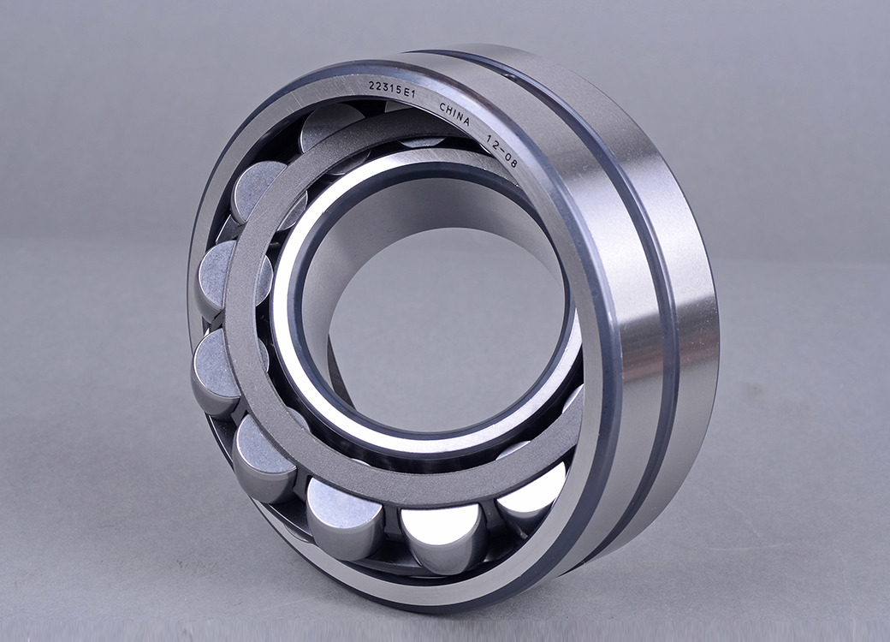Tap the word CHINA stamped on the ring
(455, 115)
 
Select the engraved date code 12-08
(501, 151)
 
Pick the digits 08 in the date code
(510, 159)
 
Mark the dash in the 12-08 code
(501, 150)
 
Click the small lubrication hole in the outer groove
(511, 74)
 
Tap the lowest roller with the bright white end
(441, 535)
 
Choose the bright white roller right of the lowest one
(531, 492)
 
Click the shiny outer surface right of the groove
(693, 282)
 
